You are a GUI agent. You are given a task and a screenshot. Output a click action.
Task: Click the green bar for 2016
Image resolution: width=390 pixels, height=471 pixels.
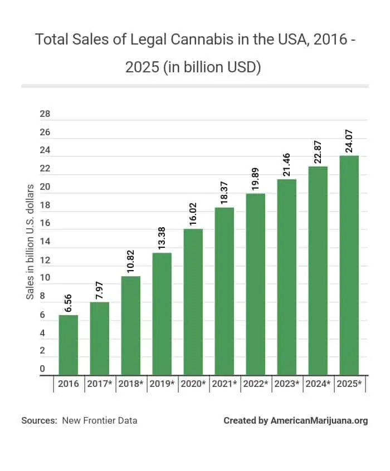pyautogui.click(x=69, y=345)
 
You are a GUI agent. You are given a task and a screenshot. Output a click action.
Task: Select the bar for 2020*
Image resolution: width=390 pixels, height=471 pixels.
pyautogui.click(x=193, y=302)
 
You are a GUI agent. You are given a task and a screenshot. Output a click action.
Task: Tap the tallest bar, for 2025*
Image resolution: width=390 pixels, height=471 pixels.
pyautogui.click(x=349, y=265)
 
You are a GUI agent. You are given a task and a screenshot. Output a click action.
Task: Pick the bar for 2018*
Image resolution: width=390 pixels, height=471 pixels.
pyautogui.click(x=131, y=325)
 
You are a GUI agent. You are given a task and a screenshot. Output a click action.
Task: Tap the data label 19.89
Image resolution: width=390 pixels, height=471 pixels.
pyautogui.click(x=256, y=179)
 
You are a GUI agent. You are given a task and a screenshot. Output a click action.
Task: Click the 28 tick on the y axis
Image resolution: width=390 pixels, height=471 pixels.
pyautogui.click(x=45, y=114)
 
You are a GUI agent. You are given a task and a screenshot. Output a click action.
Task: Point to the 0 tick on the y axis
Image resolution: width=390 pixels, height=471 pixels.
pyautogui.click(x=42, y=369)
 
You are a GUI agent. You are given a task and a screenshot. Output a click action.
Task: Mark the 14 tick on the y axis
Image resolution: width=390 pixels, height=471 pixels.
pyautogui.click(x=45, y=242)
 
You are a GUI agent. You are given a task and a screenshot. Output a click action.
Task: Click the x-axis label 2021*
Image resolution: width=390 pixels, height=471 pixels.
pyautogui.click(x=225, y=384)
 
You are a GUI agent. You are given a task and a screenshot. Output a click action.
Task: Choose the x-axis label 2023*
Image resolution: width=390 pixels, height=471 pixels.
pyautogui.click(x=287, y=384)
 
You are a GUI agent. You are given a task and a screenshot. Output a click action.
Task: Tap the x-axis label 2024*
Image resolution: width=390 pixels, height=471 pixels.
pyautogui.click(x=318, y=384)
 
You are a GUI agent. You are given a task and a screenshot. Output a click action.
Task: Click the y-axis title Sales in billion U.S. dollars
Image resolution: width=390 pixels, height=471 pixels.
pyautogui.click(x=30, y=241)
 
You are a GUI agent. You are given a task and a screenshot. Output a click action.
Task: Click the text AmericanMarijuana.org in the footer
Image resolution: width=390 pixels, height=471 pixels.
pyautogui.click(x=319, y=421)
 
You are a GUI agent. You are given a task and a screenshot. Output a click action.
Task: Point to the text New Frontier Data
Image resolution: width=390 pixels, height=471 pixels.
pyautogui.click(x=100, y=421)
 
